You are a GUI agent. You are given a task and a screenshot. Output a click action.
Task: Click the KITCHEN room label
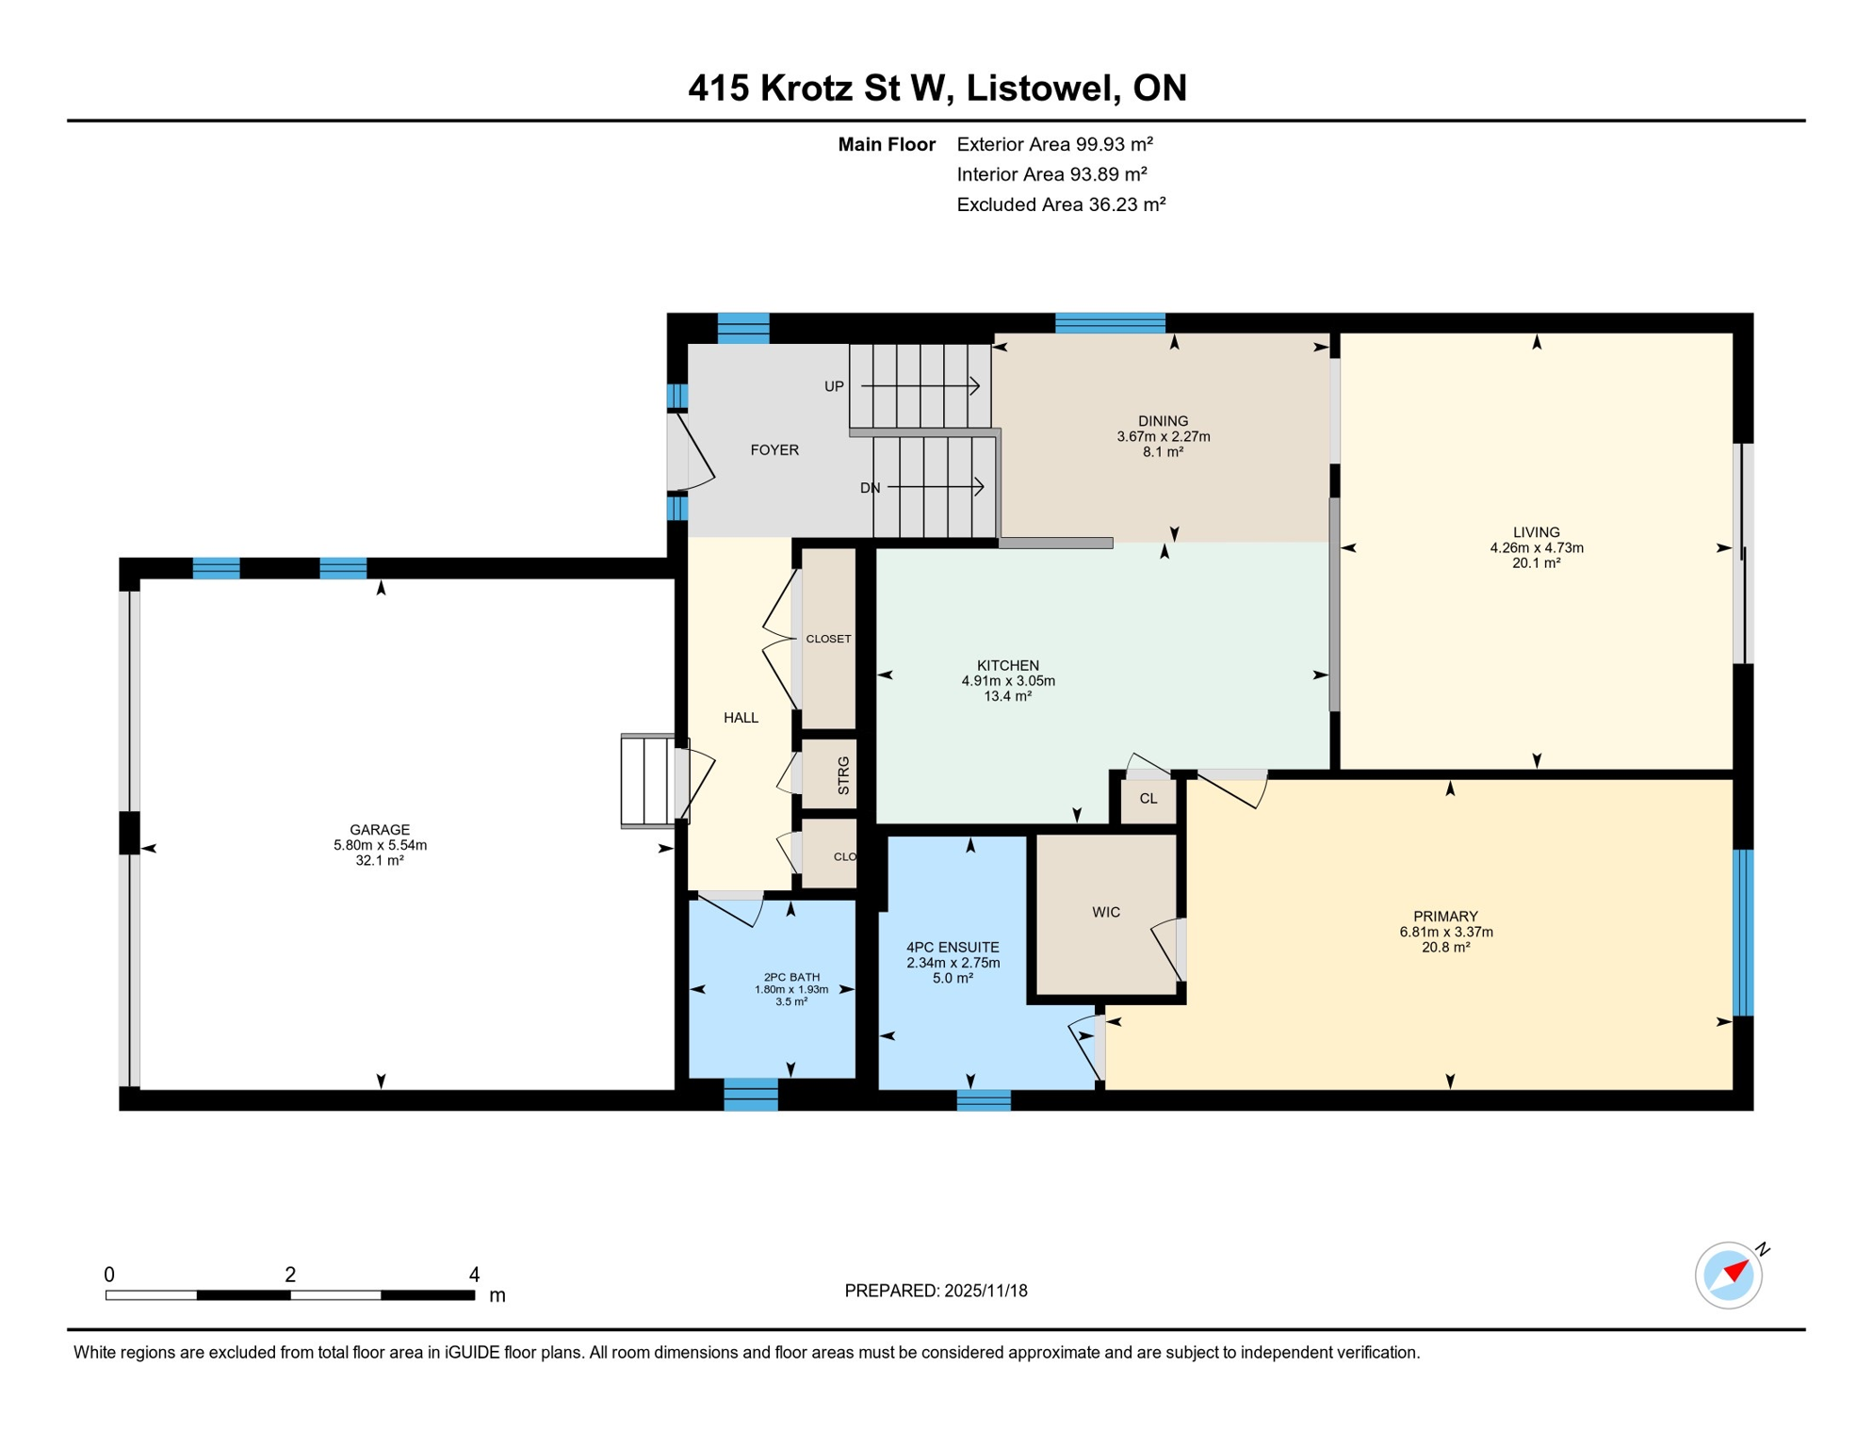1007,665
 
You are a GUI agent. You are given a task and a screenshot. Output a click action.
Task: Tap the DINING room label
1163,421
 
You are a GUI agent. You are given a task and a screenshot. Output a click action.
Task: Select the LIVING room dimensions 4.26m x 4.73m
1536,547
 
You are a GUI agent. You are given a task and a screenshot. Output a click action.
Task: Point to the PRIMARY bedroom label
1444,916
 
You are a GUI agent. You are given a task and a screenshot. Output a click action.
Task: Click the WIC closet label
1105,912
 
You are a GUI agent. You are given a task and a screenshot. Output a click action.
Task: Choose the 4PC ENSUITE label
953,947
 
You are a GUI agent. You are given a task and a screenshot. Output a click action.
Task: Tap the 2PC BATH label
790,977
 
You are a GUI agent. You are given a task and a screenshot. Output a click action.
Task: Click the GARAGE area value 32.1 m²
380,860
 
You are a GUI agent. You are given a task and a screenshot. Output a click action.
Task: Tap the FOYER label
774,450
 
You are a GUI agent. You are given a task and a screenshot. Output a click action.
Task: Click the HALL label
741,718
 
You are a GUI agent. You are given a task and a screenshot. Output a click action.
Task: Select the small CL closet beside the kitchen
1148,799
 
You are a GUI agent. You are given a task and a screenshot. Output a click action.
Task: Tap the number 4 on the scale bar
474,1275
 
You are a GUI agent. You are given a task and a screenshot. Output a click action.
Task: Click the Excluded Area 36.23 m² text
1061,204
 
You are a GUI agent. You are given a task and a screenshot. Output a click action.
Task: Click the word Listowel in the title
1043,88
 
